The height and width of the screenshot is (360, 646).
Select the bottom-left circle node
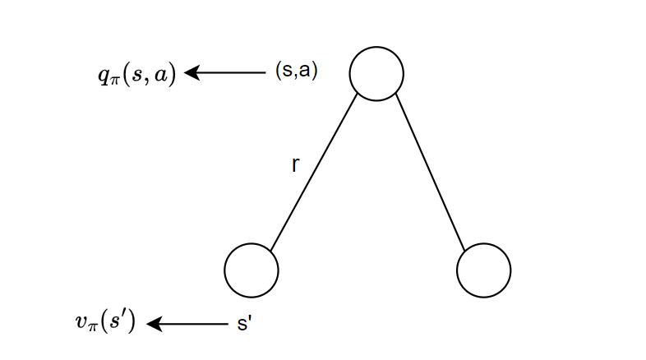(251, 270)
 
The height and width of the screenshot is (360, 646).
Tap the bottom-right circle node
(484, 270)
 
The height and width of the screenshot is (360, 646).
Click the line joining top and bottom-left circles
(313, 172)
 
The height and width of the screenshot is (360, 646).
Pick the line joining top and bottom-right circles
(431, 172)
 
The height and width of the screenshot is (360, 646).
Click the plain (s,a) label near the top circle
(297, 72)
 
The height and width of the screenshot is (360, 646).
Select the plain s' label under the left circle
(244, 324)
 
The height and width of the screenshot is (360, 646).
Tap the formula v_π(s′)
(107, 323)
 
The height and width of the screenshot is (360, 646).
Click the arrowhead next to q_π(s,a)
(191, 73)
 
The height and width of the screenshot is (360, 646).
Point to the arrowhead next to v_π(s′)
(154, 324)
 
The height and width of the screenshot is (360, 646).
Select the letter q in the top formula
(102, 76)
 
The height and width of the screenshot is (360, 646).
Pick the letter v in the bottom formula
(79, 322)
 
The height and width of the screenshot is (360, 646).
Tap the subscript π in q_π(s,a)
(113, 80)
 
